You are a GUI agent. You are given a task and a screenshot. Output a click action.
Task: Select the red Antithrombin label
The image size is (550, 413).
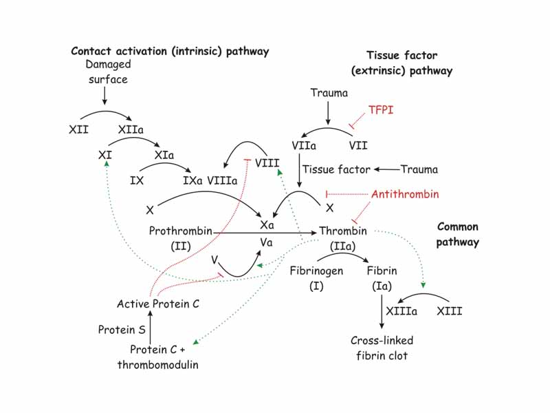(405, 194)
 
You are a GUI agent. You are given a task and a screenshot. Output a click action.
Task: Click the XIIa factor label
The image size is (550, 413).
(131, 129)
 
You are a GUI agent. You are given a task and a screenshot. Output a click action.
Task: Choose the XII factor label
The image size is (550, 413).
(80, 129)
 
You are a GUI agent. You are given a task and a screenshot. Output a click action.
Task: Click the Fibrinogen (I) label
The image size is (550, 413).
(316, 278)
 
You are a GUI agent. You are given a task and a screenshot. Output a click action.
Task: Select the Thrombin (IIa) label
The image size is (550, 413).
(343, 237)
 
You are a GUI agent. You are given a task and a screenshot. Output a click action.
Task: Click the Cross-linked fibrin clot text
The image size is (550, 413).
(382, 348)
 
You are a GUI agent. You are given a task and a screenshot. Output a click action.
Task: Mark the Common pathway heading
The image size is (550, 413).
(458, 235)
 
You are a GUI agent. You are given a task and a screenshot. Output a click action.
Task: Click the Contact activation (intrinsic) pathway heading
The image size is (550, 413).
(170, 52)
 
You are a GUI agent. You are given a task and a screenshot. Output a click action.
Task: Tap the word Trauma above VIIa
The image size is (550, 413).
(329, 92)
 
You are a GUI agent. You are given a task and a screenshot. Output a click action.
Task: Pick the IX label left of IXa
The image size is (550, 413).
(137, 182)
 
